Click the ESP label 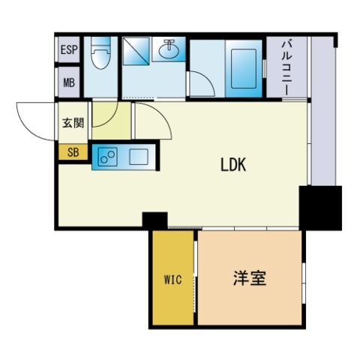click(69, 52)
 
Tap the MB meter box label click(69, 82)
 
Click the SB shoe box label click(73, 152)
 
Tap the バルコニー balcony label click(286, 68)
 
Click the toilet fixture click(99, 59)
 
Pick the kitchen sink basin click(139, 157)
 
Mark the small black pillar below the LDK click(155, 220)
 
